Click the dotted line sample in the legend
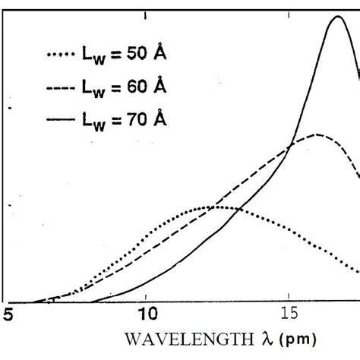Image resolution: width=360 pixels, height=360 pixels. pyautogui.click(x=62, y=55)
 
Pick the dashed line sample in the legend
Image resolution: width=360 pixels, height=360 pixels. pyautogui.click(x=62, y=87)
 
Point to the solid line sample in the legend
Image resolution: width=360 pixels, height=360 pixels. pyautogui.click(x=62, y=118)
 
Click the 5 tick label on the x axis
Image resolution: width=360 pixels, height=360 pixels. pyautogui.click(x=8, y=314)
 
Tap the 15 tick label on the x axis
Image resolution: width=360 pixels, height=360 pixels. pyautogui.click(x=289, y=314)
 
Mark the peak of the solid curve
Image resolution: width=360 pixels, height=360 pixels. pyautogui.click(x=337, y=16)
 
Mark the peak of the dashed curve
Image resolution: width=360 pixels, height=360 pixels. pyautogui.click(x=317, y=134)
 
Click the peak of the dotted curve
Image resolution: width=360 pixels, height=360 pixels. pyautogui.click(x=216, y=206)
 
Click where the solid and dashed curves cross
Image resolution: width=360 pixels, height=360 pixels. pyautogui.click(x=289, y=145)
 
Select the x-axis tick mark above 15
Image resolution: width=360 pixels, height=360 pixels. pyautogui.click(x=289, y=299)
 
